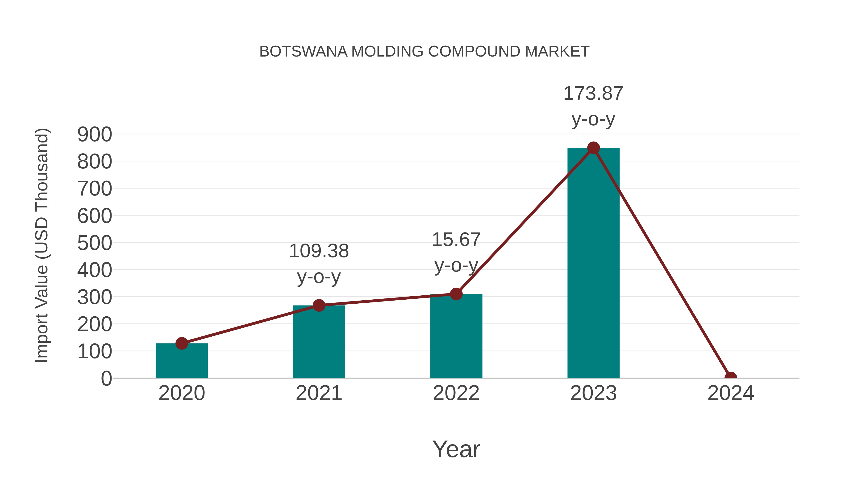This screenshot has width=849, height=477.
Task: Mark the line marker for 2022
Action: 456,294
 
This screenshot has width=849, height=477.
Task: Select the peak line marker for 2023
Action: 593,148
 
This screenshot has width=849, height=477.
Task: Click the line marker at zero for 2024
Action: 731,377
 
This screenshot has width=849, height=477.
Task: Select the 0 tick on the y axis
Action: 106,378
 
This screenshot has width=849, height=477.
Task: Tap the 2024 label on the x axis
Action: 731,393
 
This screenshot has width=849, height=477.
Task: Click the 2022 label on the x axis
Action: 456,393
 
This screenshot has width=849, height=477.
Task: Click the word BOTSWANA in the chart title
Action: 303,52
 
